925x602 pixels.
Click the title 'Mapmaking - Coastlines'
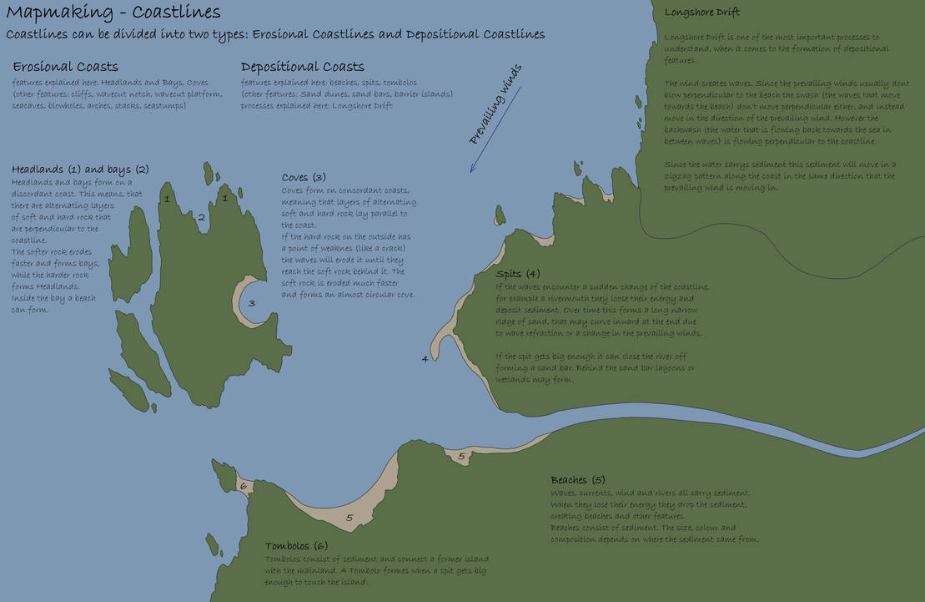click(x=113, y=13)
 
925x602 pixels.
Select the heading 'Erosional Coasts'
click(x=66, y=67)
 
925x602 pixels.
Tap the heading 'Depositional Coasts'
click(x=302, y=67)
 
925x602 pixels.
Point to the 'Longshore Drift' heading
click(x=702, y=13)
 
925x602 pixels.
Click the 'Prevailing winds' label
click(x=495, y=104)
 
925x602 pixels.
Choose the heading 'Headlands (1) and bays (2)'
click(x=80, y=169)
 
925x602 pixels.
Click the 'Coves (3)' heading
click(x=304, y=178)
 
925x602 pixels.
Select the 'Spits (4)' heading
click(x=518, y=274)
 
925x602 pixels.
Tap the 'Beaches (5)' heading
click(x=577, y=480)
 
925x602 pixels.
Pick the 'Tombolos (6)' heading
click(x=297, y=546)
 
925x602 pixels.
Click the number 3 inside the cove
click(x=251, y=303)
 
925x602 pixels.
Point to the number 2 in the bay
click(x=201, y=217)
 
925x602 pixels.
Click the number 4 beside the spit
click(x=425, y=359)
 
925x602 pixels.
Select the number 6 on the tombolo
click(x=243, y=486)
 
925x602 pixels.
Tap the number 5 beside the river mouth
click(x=462, y=456)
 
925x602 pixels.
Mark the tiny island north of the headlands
click(x=207, y=173)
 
